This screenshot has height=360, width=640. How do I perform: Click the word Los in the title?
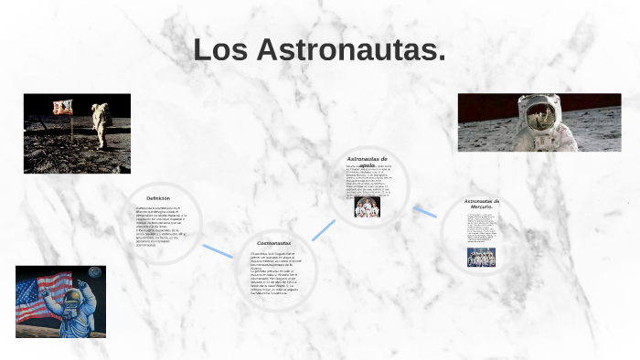[x=221, y=51]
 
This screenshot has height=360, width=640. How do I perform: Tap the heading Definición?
[x=158, y=197]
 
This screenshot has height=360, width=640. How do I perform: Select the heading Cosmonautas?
[x=273, y=243]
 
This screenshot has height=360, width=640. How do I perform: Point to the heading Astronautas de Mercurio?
[x=482, y=204]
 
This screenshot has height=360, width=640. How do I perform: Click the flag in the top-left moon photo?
[x=62, y=108]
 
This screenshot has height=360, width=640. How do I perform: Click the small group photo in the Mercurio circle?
[x=481, y=257]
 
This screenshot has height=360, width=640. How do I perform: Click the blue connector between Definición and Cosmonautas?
[x=218, y=250]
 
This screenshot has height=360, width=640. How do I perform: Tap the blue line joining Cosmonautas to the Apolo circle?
[x=323, y=229]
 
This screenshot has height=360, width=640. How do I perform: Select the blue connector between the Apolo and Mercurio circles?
[x=424, y=211]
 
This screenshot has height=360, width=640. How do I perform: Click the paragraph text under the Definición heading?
[x=161, y=226]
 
